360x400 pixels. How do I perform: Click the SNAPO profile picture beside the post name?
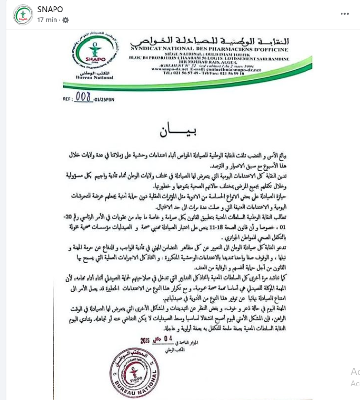[22, 15]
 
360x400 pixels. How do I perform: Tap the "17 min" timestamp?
[47, 20]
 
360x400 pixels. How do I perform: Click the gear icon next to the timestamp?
[66, 20]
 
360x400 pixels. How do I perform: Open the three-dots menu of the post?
[345, 14]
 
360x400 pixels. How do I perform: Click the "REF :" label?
[68, 98]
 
